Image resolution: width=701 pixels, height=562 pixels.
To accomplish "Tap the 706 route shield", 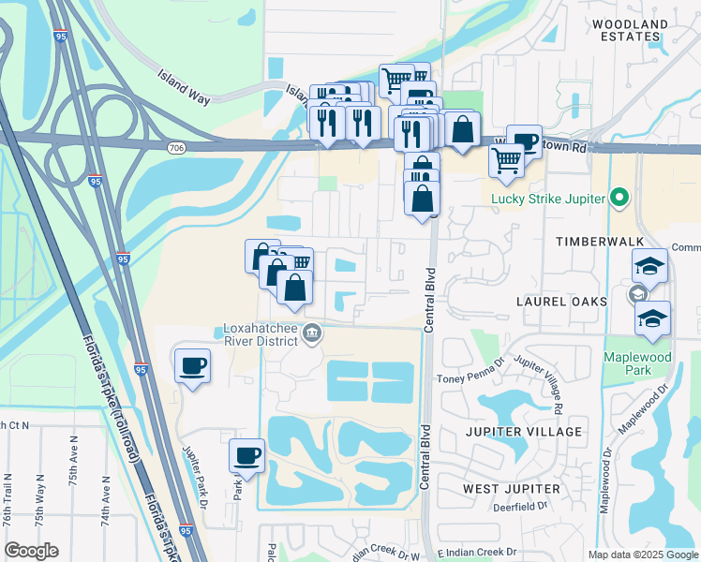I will point(176,147).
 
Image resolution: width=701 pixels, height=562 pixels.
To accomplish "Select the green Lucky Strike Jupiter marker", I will point(618,198).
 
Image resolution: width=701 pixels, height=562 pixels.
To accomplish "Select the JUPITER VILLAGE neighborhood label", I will point(524,432).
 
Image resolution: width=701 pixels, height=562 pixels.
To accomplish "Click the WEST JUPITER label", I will point(512,489).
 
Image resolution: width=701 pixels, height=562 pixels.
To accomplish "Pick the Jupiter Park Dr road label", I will point(199,476).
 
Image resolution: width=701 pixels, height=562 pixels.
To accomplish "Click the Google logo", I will point(31,551).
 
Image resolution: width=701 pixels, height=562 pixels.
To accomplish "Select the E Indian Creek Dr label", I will point(477,553).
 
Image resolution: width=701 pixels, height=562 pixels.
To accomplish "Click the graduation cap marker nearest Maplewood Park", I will point(652,319).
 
